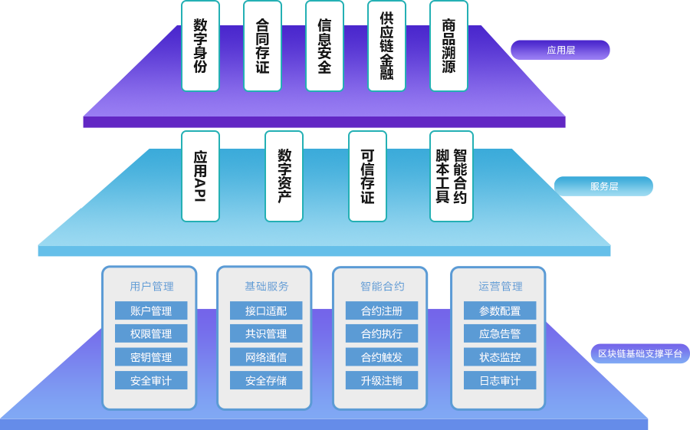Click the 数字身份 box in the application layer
pos(200,46)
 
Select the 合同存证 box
pos(262,46)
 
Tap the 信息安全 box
pos(324,46)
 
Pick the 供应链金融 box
pos(386,46)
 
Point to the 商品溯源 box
pos(449,46)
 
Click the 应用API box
pos(200,176)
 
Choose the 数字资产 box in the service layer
pos(284,176)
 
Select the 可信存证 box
pos(367,176)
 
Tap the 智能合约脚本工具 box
pos(451,176)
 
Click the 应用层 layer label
pos(560,51)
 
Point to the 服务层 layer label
pos(603,186)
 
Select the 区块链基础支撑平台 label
pos(639,354)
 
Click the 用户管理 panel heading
pos(151,287)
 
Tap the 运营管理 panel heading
pos(500,287)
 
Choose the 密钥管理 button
pos(151,357)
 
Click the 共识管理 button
pos(266,334)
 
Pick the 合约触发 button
pos(381,357)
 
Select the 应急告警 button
pos(500,334)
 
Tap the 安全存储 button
pos(266,380)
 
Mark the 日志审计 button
pos(500,380)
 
